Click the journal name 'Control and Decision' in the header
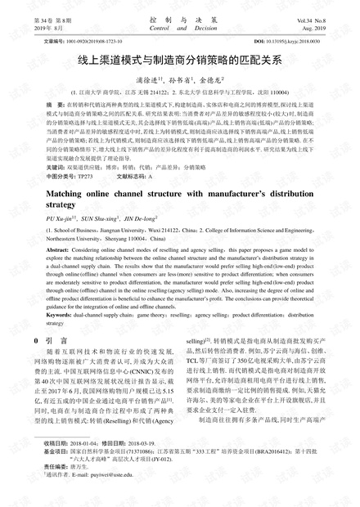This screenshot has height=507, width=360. tap(179, 27)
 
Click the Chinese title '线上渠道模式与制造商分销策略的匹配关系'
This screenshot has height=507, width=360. tap(179, 59)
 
